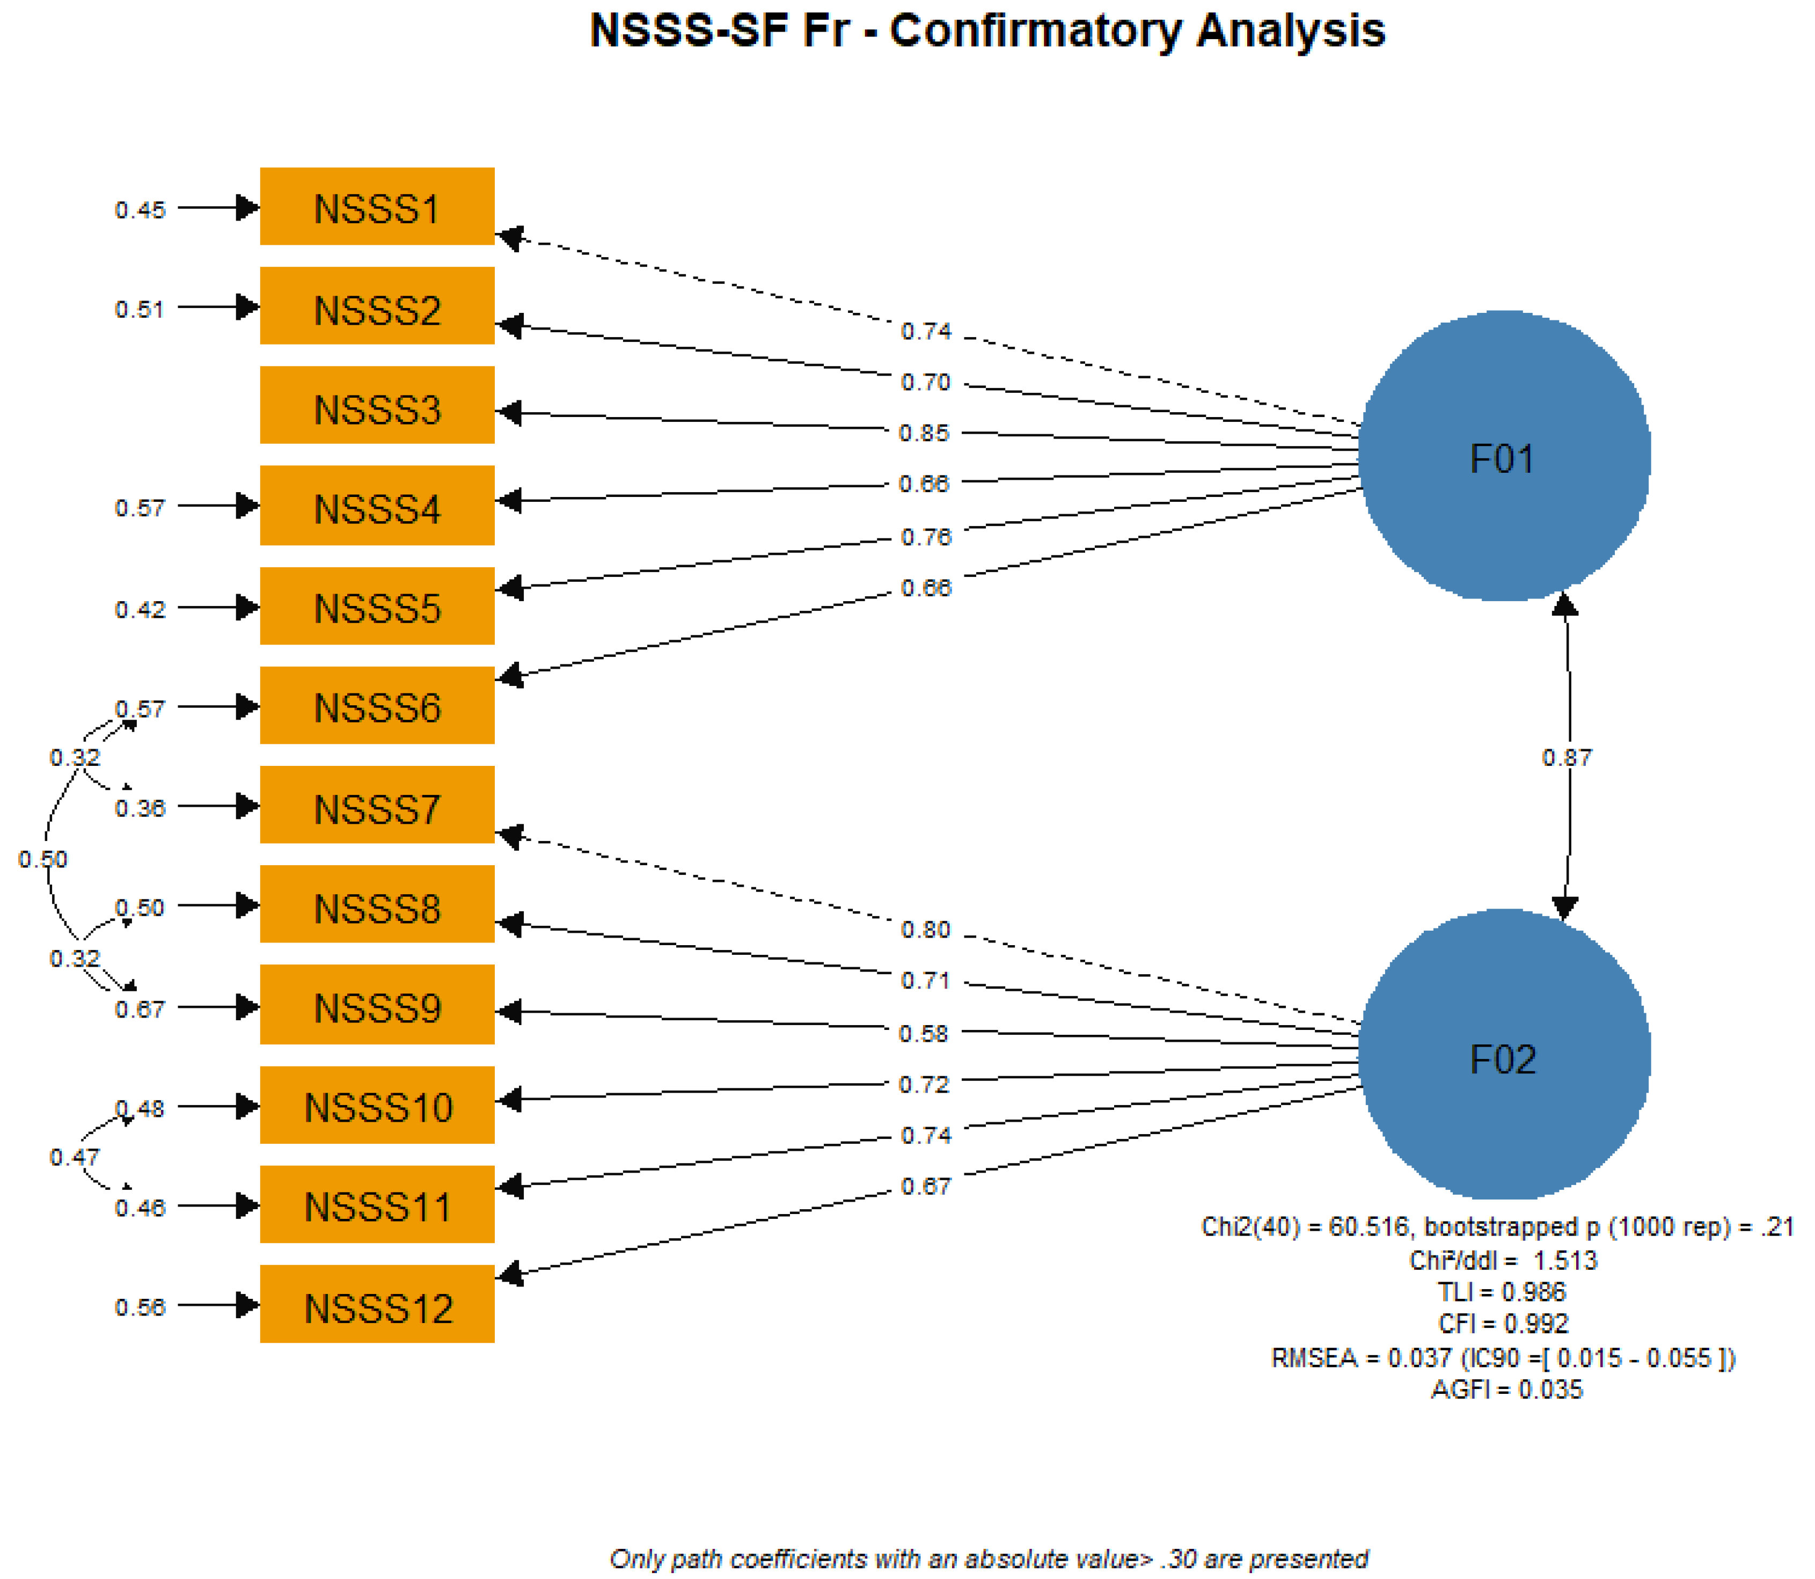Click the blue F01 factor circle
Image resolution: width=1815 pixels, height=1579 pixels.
point(1503,456)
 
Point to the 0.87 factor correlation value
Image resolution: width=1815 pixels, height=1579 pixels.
point(1567,758)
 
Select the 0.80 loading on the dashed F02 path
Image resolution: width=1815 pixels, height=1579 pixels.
point(925,930)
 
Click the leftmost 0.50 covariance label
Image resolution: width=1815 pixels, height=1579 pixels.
point(42,859)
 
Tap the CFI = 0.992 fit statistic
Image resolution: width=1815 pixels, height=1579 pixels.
point(1503,1324)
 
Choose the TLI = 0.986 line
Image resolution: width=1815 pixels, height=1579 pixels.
point(1502,1292)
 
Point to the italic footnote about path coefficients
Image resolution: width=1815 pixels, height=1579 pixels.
point(989,1559)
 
